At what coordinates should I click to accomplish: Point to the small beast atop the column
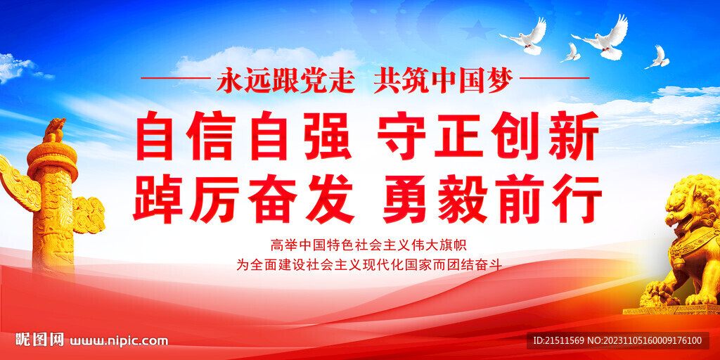pyautogui.click(x=54, y=130)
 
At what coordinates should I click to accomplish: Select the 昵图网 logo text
pyautogui.click(x=40, y=340)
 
